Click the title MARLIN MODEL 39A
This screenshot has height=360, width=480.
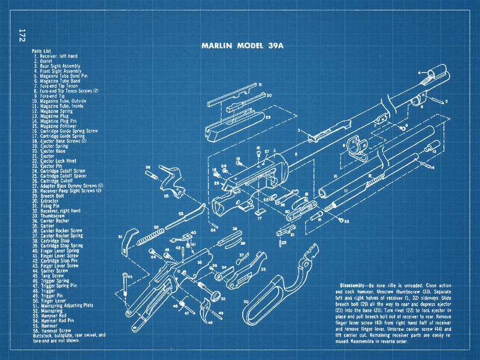242,46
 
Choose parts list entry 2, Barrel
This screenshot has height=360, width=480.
45,60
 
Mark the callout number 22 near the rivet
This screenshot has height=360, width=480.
347,221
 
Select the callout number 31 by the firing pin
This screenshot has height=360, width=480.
259,85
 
